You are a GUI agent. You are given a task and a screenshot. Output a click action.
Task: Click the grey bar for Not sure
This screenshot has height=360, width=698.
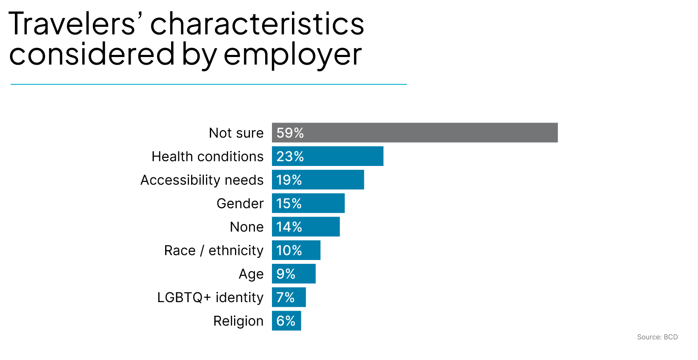pyautogui.click(x=415, y=133)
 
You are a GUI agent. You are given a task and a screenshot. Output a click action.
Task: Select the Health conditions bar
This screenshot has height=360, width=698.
pyautogui.click(x=328, y=156)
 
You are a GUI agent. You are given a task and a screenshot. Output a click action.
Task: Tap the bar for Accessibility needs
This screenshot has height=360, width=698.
pyautogui.click(x=318, y=180)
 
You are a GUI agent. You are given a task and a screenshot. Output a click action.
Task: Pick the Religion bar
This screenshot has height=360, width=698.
pyautogui.click(x=286, y=321)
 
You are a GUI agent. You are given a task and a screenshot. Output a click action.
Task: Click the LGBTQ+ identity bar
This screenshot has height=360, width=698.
pyautogui.click(x=289, y=297)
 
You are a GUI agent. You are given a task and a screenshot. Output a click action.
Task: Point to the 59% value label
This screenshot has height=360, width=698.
pyautogui.click(x=290, y=133)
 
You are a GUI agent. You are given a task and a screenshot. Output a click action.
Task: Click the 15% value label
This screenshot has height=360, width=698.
pyautogui.click(x=289, y=203)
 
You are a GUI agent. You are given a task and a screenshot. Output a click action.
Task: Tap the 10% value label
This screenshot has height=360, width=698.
pyautogui.click(x=289, y=250)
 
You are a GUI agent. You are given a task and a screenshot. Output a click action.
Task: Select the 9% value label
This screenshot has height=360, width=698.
pyautogui.click(x=286, y=274)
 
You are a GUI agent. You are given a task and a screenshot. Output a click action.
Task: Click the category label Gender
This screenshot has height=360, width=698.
pyautogui.click(x=240, y=203)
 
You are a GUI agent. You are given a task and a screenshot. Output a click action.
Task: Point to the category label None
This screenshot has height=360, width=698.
pyautogui.click(x=246, y=227)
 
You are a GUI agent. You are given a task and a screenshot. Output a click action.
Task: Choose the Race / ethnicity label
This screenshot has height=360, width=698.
pyautogui.click(x=214, y=250)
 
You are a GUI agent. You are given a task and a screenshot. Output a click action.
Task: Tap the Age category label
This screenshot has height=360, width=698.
pyautogui.click(x=251, y=274)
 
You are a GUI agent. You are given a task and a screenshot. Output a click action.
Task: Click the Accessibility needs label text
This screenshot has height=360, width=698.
pyautogui.click(x=202, y=180)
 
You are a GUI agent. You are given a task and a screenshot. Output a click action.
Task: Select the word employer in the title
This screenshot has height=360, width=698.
pyautogui.click(x=292, y=55)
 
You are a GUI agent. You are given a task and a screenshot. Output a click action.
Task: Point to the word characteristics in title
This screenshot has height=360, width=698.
pyautogui.click(x=257, y=24)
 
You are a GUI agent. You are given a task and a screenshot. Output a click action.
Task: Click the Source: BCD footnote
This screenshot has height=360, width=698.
pyautogui.click(x=657, y=337)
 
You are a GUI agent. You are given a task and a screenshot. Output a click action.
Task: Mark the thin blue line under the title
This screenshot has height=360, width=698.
pyautogui.click(x=209, y=84)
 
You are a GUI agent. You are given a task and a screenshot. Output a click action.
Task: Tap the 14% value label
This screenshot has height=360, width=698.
pyautogui.click(x=289, y=227)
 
